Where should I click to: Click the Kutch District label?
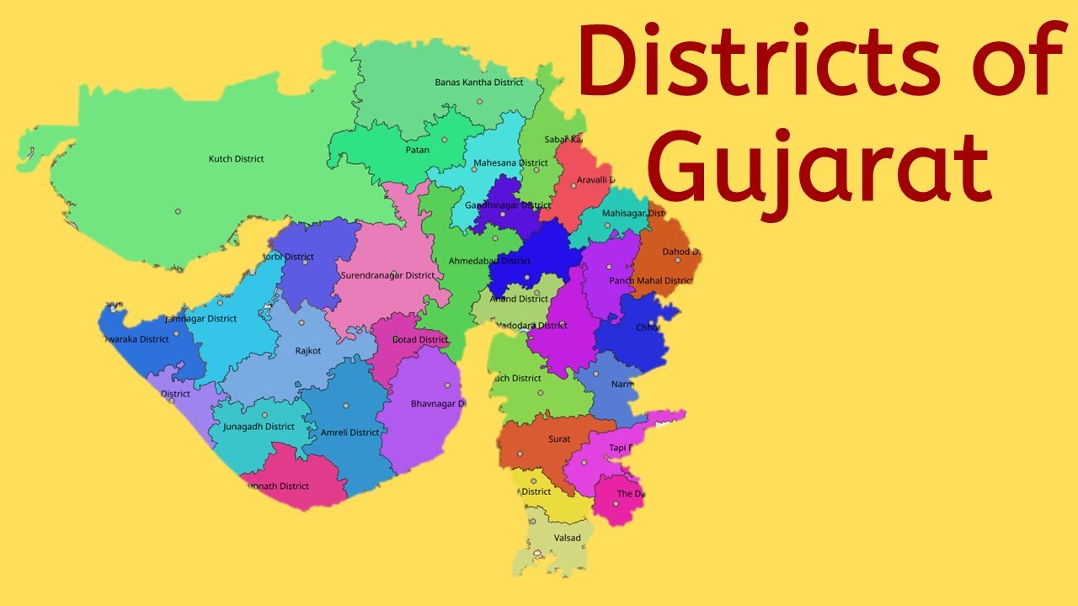236,159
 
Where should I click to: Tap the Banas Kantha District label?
478,82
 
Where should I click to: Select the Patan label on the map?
417,151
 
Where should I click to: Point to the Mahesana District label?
510,163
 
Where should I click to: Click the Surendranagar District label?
387,275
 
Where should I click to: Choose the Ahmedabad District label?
489,261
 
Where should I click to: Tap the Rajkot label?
307,351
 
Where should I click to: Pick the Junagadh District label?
259,427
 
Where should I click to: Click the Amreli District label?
350,433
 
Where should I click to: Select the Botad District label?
420,340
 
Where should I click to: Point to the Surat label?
558,439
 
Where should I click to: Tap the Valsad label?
567,538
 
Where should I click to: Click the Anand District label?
519,299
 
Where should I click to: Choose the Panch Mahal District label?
651,280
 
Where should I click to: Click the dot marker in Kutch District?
178,211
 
